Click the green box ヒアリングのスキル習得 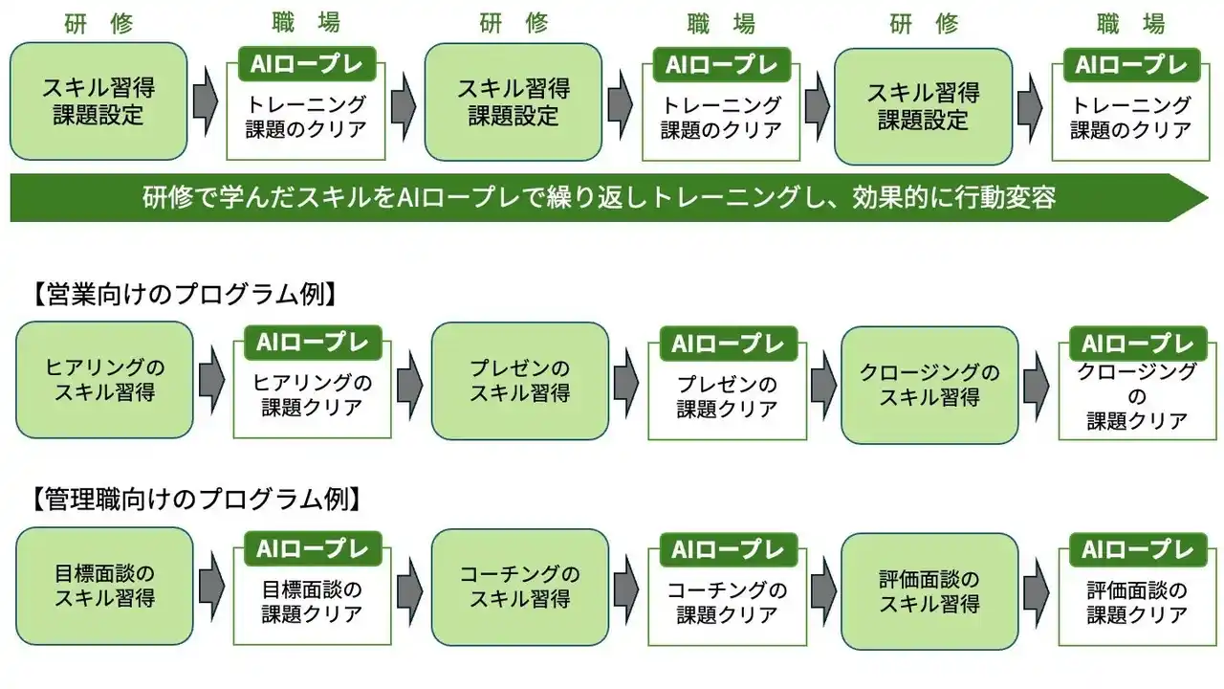(x=104, y=380)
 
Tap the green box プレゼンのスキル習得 (x=519, y=380)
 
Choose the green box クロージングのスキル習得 (x=929, y=384)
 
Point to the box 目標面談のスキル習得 (x=104, y=586)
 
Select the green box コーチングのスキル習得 (x=519, y=587)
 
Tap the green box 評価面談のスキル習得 (x=929, y=591)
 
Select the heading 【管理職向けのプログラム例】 (x=195, y=499)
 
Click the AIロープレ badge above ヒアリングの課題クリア (x=313, y=343)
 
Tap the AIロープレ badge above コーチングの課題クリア (x=728, y=549)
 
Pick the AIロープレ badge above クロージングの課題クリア (x=1138, y=344)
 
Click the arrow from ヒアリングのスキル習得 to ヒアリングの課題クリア (x=211, y=380)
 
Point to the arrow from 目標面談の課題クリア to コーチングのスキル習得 (x=410, y=586)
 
